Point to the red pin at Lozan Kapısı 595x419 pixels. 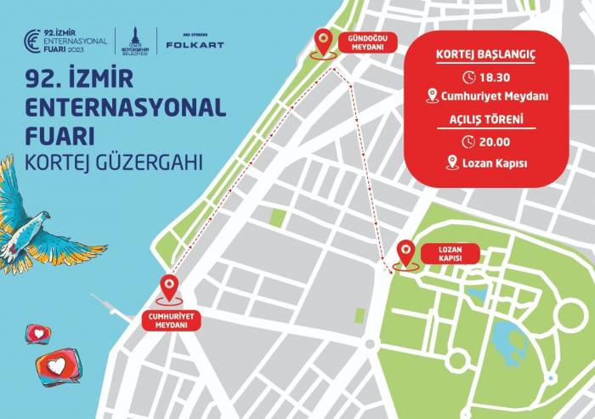click(407, 252)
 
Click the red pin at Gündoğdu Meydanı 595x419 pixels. click(323, 40)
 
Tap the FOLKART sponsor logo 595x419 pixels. click(195, 43)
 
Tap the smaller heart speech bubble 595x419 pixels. click(38, 332)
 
